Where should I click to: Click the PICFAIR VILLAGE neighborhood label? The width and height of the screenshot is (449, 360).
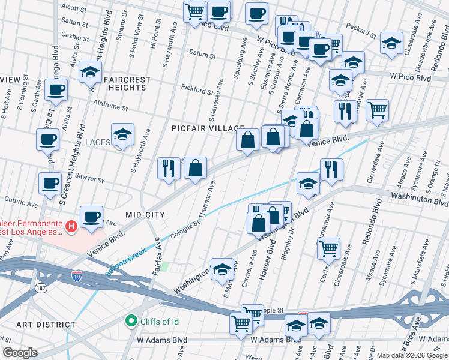click(x=207, y=128)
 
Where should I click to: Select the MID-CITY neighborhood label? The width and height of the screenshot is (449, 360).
click(x=145, y=214)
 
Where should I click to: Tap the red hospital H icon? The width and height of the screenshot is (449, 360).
click(x=71, y=226)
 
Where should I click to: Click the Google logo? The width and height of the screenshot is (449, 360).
click(x=20, y=353)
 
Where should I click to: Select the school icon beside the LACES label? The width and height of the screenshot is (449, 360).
click(x=122, y=136)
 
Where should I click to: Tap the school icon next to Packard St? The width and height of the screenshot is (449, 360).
click(x=391, y=43)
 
